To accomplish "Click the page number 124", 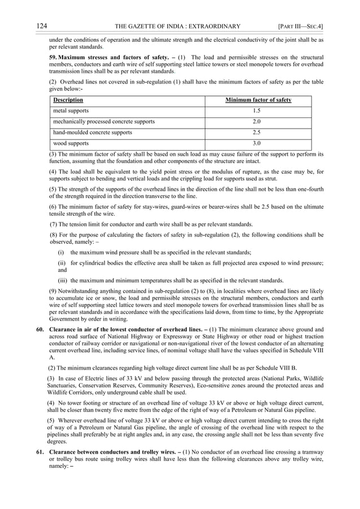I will (x=41, y=26).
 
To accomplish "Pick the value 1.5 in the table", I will (x=257, y=111).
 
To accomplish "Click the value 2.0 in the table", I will (x=257, y=122).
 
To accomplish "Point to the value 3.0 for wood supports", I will (x=257, y=143).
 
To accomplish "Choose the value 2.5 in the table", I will (x=257, y=133).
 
